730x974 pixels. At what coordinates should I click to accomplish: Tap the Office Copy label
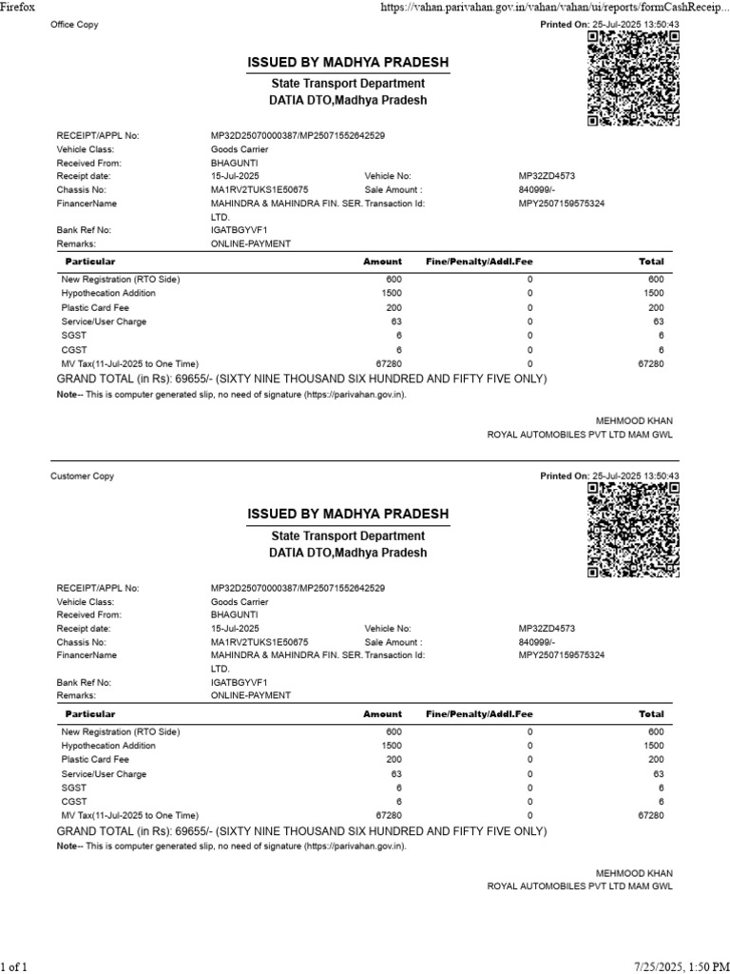(x=74, y=25)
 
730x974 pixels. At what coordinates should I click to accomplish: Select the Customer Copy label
(x=82, y=476)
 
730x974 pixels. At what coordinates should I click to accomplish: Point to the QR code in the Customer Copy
(x=634, y=530)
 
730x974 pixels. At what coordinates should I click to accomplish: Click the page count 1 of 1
(x=14, y=966)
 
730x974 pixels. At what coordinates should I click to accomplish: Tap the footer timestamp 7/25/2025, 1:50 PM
(x=678, y=966)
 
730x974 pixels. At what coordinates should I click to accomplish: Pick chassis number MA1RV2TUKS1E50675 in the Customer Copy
(x=259, y=642)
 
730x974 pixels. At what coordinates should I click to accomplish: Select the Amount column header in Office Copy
(x=382, y=261)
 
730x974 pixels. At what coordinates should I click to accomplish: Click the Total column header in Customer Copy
(x=651, y=713)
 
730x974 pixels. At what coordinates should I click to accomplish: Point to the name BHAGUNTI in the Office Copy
(x=234, y=164)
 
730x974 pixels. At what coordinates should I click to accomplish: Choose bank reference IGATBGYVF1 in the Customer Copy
(x=239, y=682)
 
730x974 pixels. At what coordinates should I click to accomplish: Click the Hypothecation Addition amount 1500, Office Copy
(x=392, y=294)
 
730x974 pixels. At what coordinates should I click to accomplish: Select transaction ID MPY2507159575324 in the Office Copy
(x=562, y=204)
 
